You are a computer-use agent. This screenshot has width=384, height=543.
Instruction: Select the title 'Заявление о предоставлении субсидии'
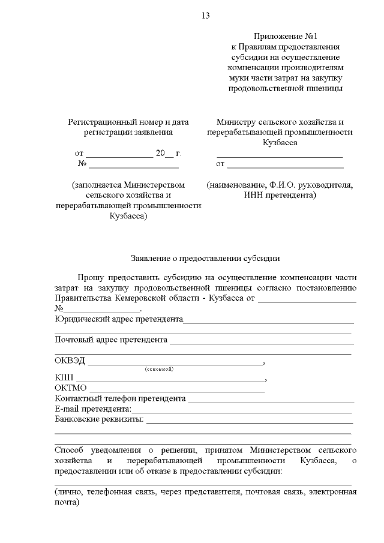(206, 259)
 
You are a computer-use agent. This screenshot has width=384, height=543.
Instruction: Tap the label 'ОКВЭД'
(70, 361)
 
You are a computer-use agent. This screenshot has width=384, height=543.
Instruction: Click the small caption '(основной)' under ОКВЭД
(159, 368)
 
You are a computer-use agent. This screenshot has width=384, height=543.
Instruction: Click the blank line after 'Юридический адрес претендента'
(268, 322)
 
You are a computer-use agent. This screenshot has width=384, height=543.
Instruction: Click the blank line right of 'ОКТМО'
(177, 391)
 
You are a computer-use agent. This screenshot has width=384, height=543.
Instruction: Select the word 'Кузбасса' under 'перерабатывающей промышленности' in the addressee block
(280, 143)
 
